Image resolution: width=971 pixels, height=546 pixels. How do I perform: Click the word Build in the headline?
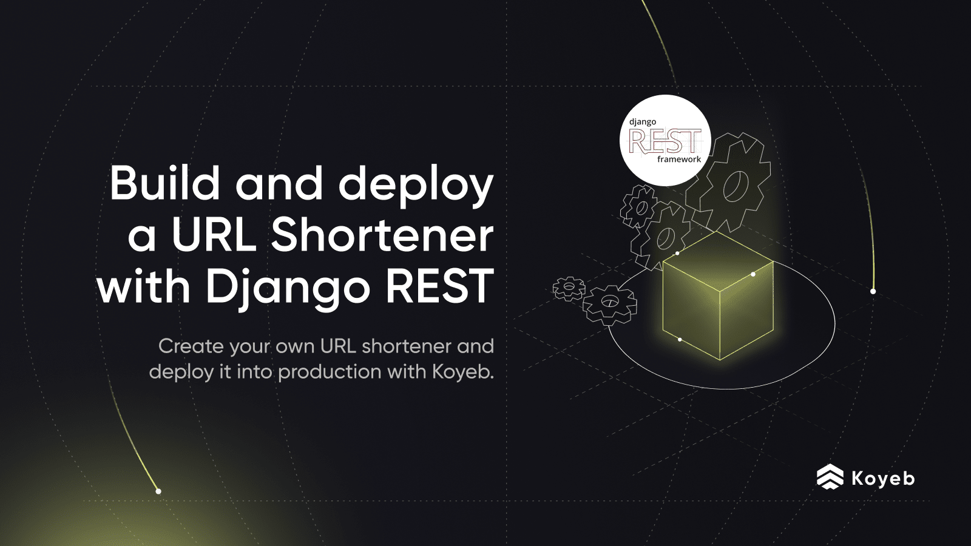click(x=164, y=183)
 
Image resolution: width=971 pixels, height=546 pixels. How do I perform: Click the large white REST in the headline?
click(x=440, y=286)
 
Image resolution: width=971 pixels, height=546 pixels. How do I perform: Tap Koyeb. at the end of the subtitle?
click(x=462, y=371)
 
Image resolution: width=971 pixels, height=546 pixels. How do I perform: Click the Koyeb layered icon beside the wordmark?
click(x=830, y=477)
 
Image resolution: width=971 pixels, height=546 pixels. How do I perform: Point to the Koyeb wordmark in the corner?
click(x=883, y=478)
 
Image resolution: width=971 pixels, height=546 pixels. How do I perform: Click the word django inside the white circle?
click(x=643, y=122)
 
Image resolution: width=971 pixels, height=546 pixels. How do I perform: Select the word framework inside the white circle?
click(x=679, y=160)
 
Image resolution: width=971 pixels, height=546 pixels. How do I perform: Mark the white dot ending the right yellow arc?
click(x=873, y=291)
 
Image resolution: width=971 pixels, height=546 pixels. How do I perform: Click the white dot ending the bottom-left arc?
click(x=158, y=491)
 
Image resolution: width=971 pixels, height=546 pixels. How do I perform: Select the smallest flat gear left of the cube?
click(x=569, y=288)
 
